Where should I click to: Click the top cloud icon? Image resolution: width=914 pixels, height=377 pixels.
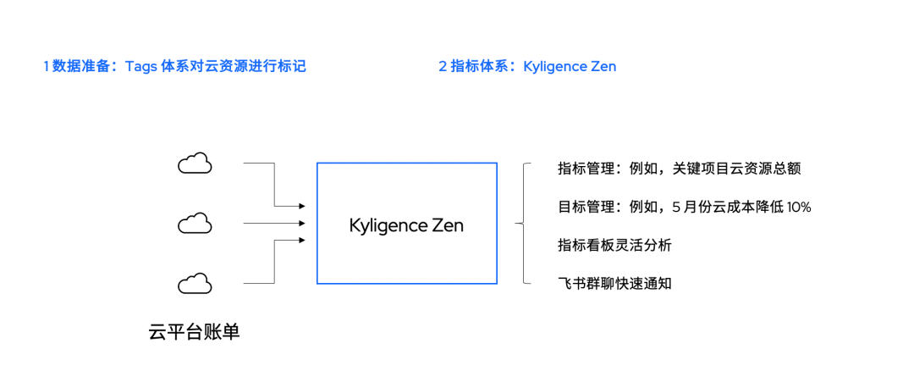coord(195,164)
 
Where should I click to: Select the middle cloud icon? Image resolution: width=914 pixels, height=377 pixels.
coord(195,224)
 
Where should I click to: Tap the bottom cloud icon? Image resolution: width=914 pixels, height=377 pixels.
coord(195,283)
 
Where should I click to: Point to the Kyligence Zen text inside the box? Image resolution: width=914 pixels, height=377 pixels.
coord(406,226)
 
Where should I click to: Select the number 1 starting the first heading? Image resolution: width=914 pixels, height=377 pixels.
coord(46,66)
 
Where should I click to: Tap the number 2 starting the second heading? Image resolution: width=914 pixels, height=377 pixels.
coord(443,66)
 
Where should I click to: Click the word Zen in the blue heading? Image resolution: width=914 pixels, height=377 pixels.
coord(602,66)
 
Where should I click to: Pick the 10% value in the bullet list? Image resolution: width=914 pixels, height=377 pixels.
coord(797,207)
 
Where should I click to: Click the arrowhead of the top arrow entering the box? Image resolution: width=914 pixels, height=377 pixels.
coord(301,206)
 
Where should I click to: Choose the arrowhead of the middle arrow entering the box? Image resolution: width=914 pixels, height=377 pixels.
coord(301,224)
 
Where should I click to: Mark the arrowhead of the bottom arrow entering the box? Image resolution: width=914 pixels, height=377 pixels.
coord(301,241)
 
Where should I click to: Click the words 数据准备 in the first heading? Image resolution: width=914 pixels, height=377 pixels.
coord(80,66)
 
